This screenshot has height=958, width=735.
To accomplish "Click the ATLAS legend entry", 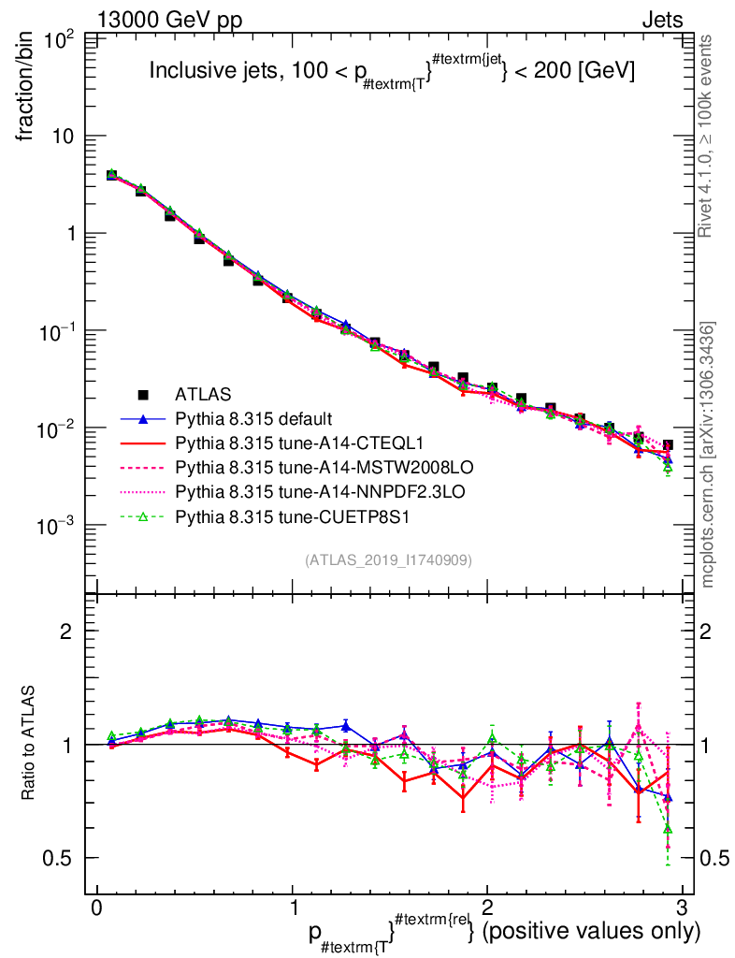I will (x=203, y=394).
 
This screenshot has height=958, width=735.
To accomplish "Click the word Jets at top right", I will (x=661, y=20).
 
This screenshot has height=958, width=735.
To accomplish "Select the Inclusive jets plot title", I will (x=392, y=71).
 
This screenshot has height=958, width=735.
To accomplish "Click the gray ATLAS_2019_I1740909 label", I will (x=388, y=559).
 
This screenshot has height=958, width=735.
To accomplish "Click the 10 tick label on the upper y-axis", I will (x=64, y=136).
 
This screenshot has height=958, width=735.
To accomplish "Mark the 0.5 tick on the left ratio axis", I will (x=64, y=858).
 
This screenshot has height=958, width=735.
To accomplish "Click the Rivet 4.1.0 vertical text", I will (x=708, y=136).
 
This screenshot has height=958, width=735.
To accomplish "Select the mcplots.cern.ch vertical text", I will (x=708, y=454).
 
